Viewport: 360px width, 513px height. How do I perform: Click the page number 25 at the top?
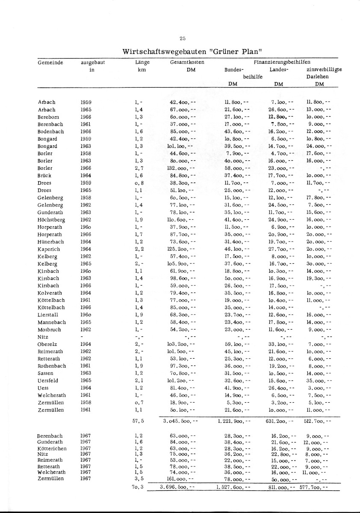click(x=183, y=38)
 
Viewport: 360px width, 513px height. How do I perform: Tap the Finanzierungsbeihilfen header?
click(x=282, y=62)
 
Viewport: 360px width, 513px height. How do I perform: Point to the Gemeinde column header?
click(x=50, y=62)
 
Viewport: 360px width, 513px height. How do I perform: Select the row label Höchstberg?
click(x=51, y=220)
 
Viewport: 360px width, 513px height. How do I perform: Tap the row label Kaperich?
click(x=49, y=249)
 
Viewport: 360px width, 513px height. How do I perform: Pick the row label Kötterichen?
click(x=52, y=448)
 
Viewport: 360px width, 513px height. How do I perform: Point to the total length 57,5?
click(x=138, y=421)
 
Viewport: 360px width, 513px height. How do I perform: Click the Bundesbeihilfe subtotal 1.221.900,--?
click(x=233, y=421)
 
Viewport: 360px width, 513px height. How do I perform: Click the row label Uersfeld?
click(x=48, y=380)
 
